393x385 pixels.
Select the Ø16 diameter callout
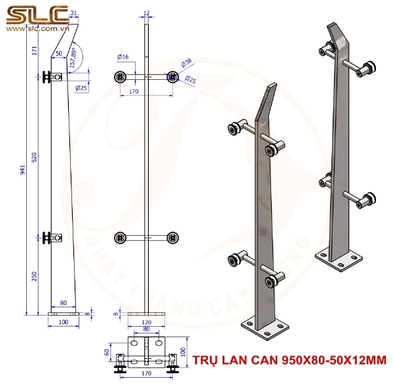(x=123, y=57)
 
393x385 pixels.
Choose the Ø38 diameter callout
(x=187, y=62)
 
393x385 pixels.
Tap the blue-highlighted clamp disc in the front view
(x=173, y=77)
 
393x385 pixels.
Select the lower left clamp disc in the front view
(x=120, y=238)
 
